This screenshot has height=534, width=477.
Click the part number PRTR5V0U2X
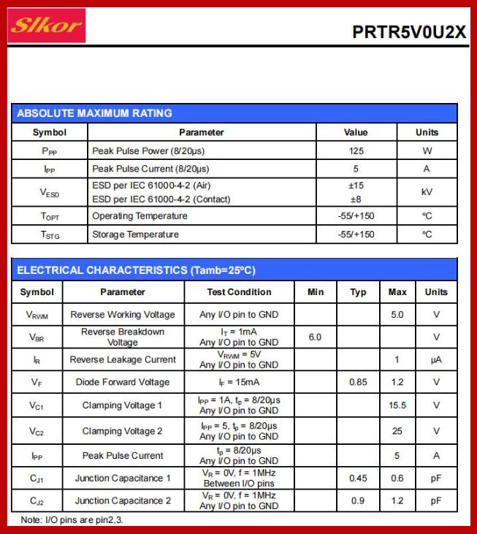[x=408, y=32]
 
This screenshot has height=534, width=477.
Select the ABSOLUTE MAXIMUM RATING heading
[x=95, y=113]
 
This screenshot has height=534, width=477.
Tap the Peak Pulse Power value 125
[x=356, y=151]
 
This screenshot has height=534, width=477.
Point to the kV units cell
[x=427, y=192]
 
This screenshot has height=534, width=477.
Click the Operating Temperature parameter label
[x=140, y=216]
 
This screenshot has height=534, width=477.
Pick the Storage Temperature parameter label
[x=135, y=234]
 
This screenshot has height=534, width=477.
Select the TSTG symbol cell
[x=49, y=234]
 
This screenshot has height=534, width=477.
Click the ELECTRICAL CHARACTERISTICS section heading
[x=137, y=270]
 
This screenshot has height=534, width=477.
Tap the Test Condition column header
[x=239, y=292]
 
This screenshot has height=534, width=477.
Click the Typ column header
[x=358, y=292]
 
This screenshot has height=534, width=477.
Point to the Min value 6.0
[x=315, y=337]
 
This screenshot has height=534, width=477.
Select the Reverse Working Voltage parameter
[x=123, y=315]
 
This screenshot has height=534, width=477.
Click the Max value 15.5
[x=397, y=405]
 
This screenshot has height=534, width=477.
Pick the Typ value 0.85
[x=358, y=382]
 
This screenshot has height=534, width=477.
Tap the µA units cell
[x=436, y=359]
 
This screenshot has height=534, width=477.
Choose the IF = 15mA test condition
[x=239, y=382]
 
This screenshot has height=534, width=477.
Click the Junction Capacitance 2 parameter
[x=123, y=500]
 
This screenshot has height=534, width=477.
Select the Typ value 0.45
[x=358, y=478]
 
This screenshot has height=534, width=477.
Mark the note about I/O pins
[x=72, y=520]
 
